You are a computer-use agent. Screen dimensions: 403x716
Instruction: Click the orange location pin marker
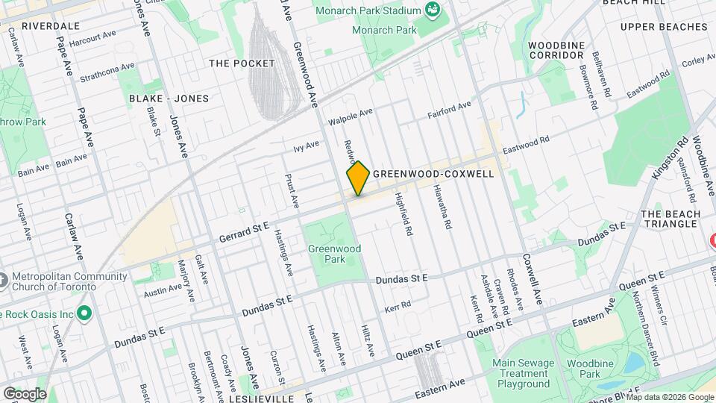tap(358, 178)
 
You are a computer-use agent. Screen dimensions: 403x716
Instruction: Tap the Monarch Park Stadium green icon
tap(432, 10)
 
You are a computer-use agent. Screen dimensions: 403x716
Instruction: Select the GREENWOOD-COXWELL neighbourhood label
tap(433, 173)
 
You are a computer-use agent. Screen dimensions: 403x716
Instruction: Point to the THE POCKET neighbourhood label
tap(242, 63)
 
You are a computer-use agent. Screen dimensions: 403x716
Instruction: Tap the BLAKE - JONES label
tap(169, 99)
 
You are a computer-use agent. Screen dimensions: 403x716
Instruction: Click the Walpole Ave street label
tap(351, 116)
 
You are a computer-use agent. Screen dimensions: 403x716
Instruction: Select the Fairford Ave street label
tap(449, 110)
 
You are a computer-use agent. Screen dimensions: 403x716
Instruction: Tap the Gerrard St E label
tap(243, 231)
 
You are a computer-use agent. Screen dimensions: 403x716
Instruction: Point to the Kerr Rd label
tap(398, 306)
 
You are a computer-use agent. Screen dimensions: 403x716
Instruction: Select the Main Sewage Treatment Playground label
tap(521, 373)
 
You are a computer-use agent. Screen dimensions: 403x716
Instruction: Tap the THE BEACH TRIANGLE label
tap(671, 219)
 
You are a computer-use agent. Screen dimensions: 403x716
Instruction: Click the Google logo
tap(25, 393)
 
